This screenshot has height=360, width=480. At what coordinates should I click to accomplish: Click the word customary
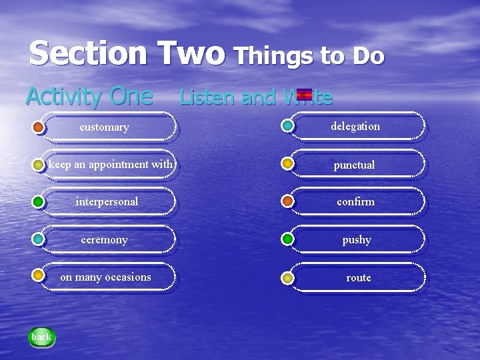104,127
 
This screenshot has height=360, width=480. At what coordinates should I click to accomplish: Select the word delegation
356,126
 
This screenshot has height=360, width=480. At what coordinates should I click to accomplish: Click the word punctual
355,164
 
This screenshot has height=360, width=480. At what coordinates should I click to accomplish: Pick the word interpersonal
107,201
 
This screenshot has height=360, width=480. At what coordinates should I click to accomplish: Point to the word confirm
355,201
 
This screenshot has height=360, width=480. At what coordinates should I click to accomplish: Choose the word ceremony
104,239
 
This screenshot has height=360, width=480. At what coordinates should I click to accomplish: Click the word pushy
357,239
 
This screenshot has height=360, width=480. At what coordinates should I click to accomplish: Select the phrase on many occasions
105,277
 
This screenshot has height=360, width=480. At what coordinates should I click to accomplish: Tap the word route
358,277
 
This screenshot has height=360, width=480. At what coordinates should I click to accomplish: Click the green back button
41,337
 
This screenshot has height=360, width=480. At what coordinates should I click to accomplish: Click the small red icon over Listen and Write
305,95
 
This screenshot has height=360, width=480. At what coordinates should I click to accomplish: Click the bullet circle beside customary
38,127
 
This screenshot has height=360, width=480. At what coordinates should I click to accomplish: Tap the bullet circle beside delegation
287,125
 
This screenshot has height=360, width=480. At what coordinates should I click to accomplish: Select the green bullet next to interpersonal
38,201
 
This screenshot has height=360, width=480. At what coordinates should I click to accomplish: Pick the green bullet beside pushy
287,239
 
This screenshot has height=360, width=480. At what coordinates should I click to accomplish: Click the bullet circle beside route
287,277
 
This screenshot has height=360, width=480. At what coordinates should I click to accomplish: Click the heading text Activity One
89,97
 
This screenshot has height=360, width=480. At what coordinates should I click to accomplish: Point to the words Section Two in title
127,53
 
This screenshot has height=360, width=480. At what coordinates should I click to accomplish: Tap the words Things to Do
309,56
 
